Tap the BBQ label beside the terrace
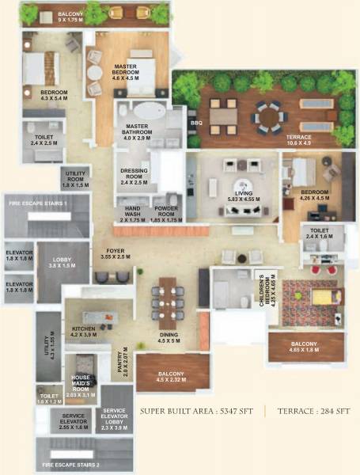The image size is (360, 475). pos(194,123)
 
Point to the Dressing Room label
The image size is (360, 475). pos(134,176)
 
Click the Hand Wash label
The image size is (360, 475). pos(133,212)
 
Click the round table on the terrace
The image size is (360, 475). pos(269,116)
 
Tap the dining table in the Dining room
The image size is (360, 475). pos(167,297)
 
